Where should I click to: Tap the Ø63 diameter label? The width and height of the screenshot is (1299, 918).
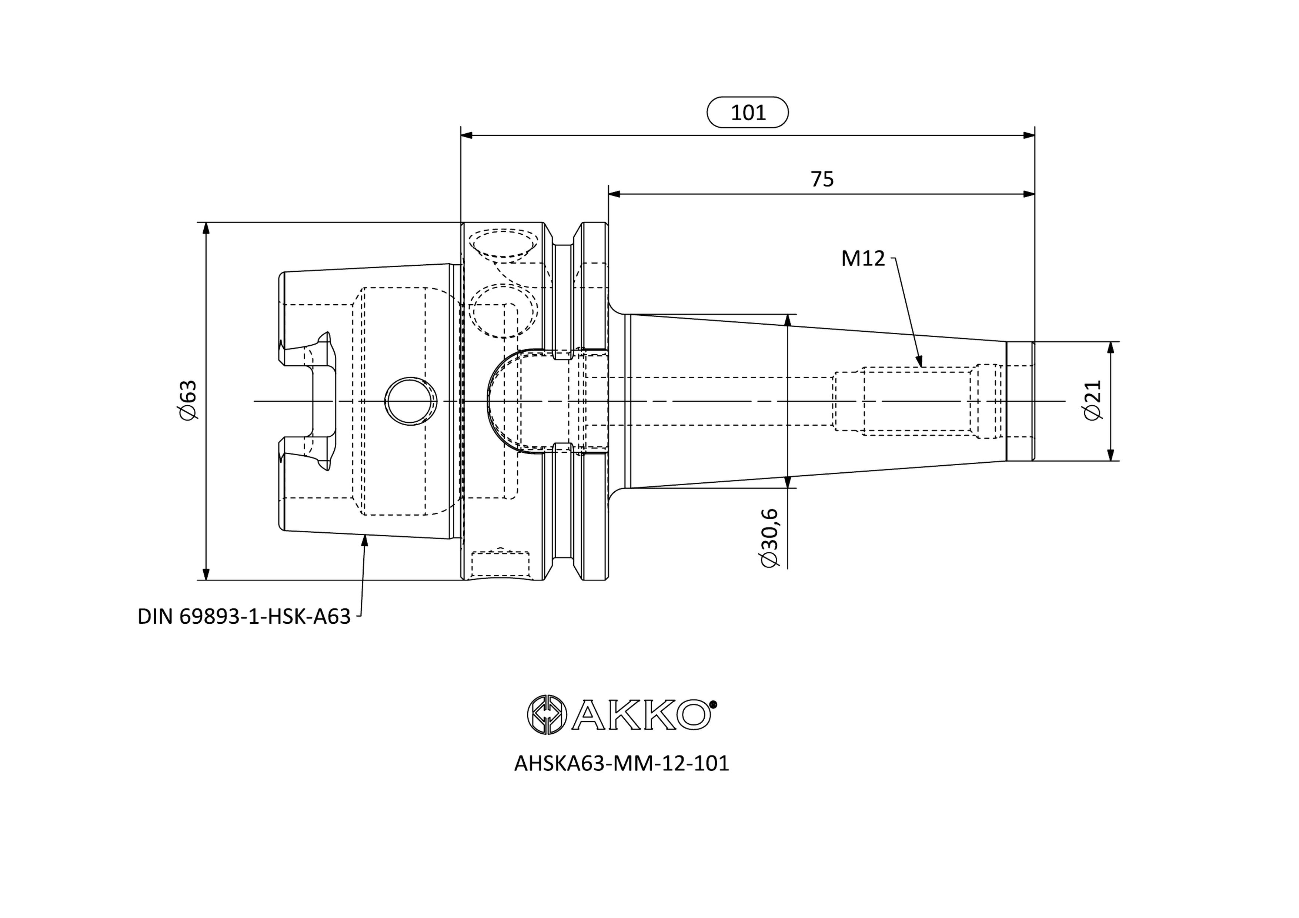point(187,401)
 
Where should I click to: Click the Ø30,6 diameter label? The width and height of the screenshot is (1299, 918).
point(770,538)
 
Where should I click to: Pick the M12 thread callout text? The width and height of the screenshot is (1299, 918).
point(863,258)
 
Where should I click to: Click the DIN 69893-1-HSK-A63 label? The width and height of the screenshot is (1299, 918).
point(244,617)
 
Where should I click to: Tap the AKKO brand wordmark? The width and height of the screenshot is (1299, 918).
point(641,715)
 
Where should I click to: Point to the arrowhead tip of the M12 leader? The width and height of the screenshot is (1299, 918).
point(921,366)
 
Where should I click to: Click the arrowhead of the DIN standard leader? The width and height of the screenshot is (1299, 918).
point(365,535)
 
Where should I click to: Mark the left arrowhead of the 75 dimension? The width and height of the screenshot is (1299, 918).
point(610,194)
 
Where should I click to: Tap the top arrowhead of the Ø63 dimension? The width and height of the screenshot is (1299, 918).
point(206,224)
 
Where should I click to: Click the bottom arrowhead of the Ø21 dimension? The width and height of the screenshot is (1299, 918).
point(1111,460)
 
